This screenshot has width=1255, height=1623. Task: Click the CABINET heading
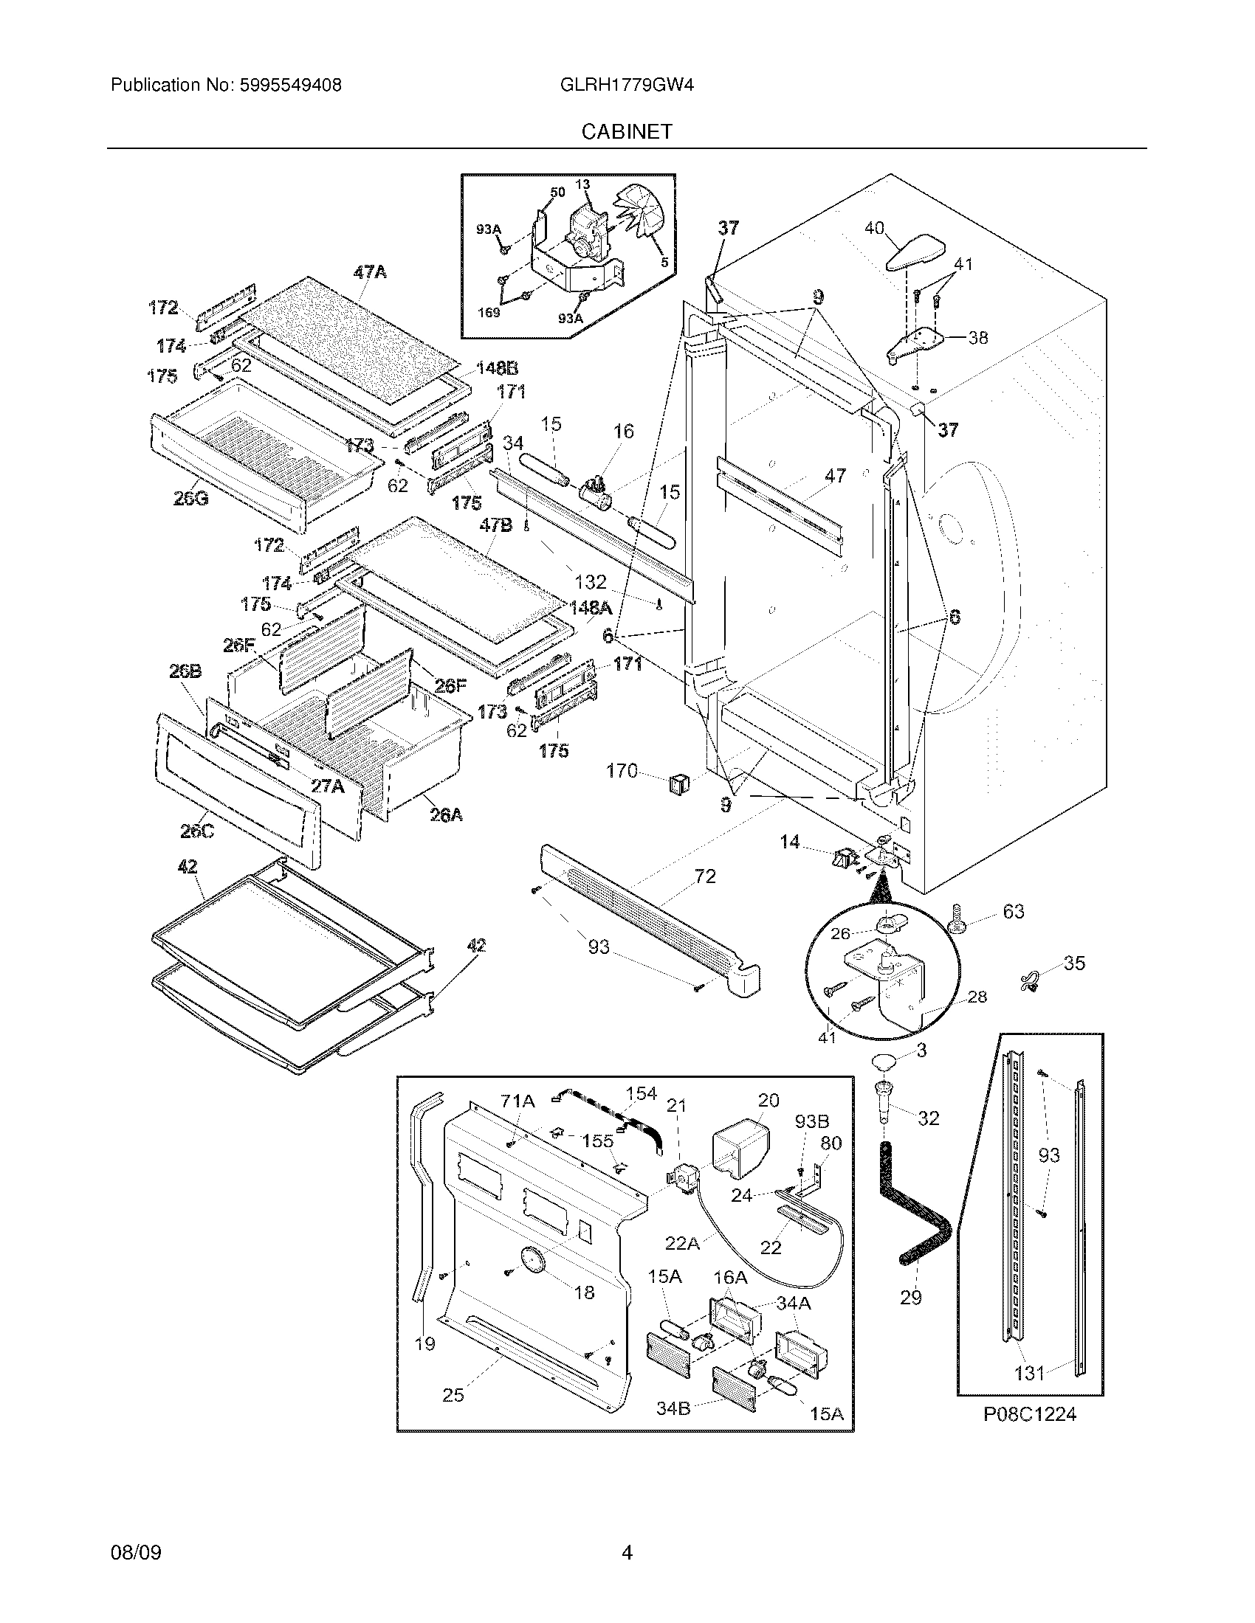tap(626, 132)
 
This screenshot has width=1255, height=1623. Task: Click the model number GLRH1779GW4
tap(627, 86)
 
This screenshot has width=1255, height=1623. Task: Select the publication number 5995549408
tap(291, 86)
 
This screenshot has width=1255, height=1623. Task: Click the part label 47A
tap(370, 272)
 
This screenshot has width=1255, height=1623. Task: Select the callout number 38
tap(977, 337)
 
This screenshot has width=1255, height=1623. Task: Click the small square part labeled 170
tap(678, 782)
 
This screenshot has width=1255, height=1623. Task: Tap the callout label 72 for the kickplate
tap(704, 876)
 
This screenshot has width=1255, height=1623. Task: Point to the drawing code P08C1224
tap(1030, 1414)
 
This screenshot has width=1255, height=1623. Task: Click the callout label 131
tap(1029, 1374)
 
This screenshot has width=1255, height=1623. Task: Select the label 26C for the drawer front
tap(197, 830)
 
